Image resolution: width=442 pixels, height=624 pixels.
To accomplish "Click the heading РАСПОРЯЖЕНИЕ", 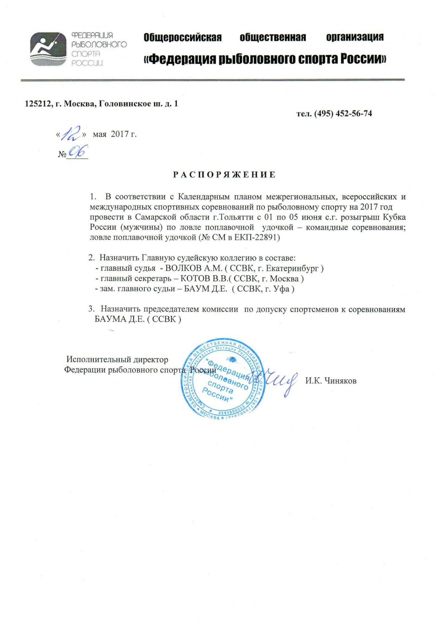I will pos(224,175).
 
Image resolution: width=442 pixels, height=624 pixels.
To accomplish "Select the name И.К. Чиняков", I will pos(331,381).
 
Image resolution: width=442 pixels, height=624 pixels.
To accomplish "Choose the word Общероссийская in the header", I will pos(183,37).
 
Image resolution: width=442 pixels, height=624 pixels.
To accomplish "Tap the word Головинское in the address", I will pos(122,104).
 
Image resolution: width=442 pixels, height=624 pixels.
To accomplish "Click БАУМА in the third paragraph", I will pos(110,319).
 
